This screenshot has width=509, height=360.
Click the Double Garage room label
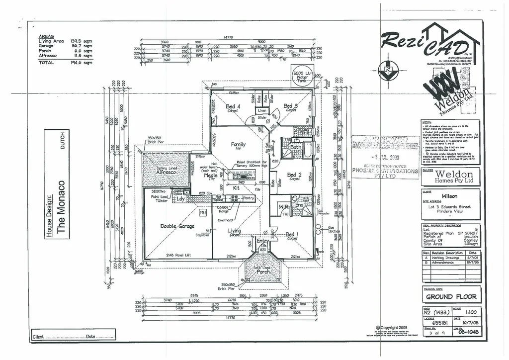tap(176, 226)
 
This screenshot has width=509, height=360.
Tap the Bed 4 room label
tap(233, 106)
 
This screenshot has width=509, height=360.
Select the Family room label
tap(239, 145)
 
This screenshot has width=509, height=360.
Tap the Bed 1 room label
tap(292, 235)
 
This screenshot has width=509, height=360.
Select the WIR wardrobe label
tap(284, 206)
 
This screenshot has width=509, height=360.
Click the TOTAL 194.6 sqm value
tap(81, 63)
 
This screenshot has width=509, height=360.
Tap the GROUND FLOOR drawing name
tap(451, 297)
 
